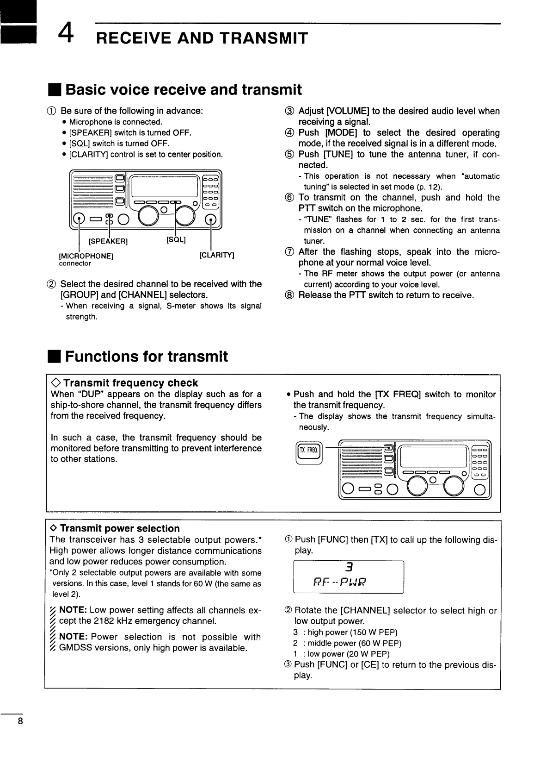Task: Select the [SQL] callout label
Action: pos(176,239)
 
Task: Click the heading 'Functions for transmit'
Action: pos(147,356)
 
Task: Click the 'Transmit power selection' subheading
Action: pos(120,528)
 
